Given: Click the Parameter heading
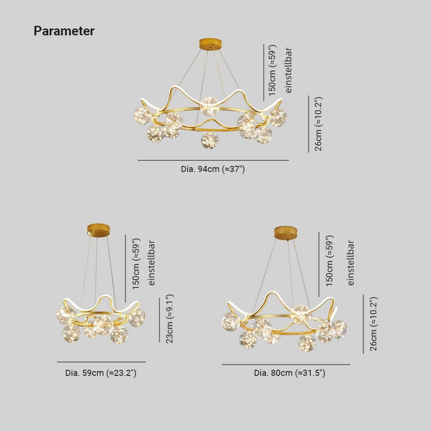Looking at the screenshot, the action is (64, 31).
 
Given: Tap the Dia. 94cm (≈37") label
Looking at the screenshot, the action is (213, 169).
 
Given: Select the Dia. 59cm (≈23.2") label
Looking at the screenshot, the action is (101, 373).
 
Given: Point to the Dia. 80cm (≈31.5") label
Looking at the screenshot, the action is (290, 373).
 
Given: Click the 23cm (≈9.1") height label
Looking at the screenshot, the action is (169, 319).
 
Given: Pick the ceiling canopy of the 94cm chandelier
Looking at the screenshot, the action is (211, 44).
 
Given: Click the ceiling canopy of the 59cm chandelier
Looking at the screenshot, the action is (98, 230).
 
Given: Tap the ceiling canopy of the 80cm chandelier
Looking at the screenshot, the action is (286, 233).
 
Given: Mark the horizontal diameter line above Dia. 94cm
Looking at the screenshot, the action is (213, 160).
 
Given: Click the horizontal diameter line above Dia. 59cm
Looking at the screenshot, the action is (101, 362).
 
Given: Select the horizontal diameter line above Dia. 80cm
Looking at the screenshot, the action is (286, 365).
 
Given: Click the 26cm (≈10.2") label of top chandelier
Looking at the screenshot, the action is (318, 124).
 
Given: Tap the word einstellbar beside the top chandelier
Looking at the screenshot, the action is (288, 70).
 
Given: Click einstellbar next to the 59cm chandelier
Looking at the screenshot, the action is (151, 263).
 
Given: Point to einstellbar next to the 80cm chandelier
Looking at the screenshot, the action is (350, 263).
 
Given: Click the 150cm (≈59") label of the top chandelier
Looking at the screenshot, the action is (272, 70).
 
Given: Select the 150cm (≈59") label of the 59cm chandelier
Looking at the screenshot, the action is (136, 264).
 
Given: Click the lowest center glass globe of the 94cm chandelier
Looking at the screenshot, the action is (210, 140).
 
